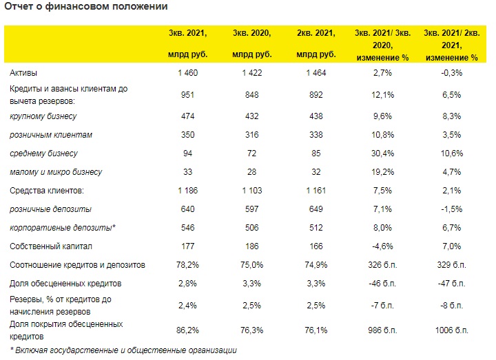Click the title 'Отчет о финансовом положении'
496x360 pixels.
(x=86, y=6)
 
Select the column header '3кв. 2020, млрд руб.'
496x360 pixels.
(x=252, y=43)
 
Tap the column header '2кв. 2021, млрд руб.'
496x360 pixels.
(x=316, y=43)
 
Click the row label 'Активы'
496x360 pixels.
(x=23, y=73)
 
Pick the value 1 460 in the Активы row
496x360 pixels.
(x=187, y=73)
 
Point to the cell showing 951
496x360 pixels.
(x=187, y=95)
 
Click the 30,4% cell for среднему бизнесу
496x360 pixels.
(x=382, y=153)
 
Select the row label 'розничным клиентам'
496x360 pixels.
(x=51, y=135)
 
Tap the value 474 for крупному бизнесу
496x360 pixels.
(x=187, y=116)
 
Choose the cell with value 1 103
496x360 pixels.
(x=252, y=191)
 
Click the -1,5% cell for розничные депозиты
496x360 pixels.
(x=452, y=209)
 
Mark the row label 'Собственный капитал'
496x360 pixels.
(x=51, y=246)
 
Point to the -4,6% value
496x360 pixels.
(x=382, y=246)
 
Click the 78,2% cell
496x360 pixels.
(x=187, y=265)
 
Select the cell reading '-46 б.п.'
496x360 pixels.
(x=382, y=284)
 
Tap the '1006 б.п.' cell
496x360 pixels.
(x=452, y=330)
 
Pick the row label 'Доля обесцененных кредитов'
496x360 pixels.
(x=65, y=284)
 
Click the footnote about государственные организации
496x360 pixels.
(x=124, y=350)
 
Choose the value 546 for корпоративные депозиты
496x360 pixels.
(x=187, y=228)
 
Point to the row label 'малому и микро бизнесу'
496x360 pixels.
(x=56, y=172)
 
